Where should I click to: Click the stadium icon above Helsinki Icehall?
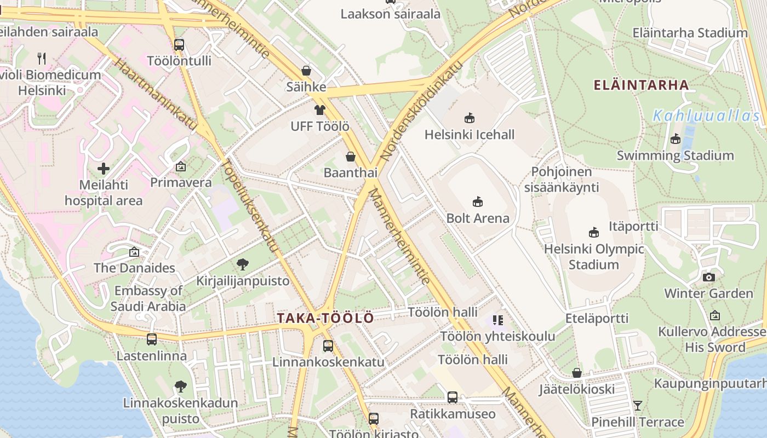pos(469,118)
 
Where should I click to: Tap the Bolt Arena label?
pos(477,218)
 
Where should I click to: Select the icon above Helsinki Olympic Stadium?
pos(593,232)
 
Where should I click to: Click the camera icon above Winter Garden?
pos(708,277)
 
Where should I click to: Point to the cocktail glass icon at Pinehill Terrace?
pos(637,406)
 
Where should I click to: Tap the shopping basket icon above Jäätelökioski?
pos(576,373)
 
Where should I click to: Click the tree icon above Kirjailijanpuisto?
pos(242,265)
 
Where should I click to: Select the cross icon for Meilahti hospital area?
pos(103,169)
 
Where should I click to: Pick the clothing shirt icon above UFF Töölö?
pos(320,110)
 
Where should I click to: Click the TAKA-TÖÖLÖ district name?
pos(325,318)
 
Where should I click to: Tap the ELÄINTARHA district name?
pos(642,85)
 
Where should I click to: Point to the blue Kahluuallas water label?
pos(707,116)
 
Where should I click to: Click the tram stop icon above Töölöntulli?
pos(179,44)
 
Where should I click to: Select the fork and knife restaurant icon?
pos(42,57)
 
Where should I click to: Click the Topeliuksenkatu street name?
pos(250,205)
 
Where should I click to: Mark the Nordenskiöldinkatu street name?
pos(422,112)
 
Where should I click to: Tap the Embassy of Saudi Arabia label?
pos(148,298)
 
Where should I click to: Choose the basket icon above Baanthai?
pos(351,157)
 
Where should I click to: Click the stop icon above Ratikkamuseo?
pos(452,397)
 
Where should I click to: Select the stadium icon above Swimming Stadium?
pos(675,139)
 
